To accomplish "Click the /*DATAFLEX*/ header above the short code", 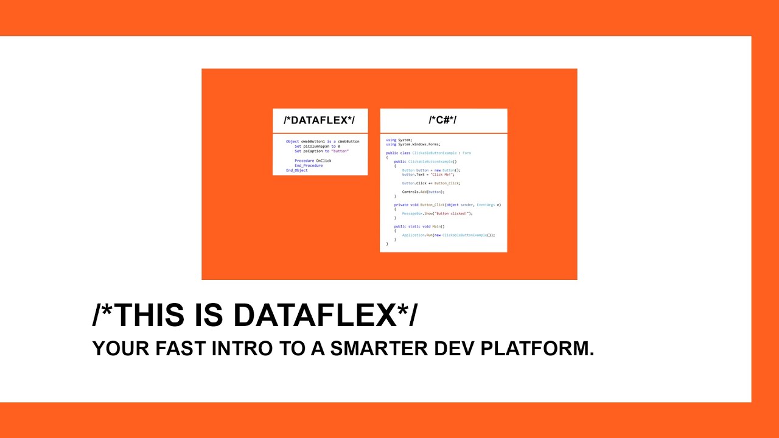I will pos(319,120).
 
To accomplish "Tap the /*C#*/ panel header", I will pos(442,120).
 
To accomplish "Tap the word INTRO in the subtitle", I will pos(245,349).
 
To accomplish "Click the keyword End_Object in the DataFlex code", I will pos(297,170).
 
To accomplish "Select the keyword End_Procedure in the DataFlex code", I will pos(309,165).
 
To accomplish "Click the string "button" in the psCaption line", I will pos(340,151).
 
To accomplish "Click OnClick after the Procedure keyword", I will pos(324,161).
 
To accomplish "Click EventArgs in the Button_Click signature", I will pos(486,205).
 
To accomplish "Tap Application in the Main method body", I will pos(413,235).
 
